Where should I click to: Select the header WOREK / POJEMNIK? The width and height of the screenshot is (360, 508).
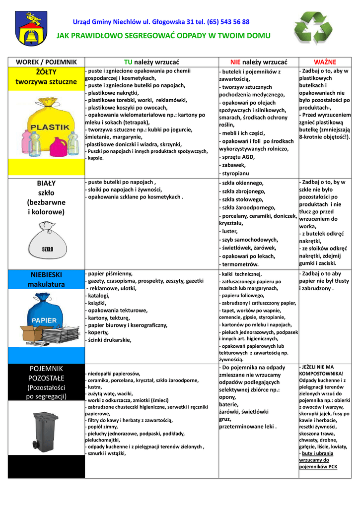pos(46,62)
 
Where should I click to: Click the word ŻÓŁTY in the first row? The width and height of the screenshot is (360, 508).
pos(46,72)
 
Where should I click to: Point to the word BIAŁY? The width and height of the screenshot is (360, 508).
pos(46,183)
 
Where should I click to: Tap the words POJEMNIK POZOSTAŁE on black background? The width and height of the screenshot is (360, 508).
pos(46,373)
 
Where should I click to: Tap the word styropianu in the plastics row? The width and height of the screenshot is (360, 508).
pos(235,174)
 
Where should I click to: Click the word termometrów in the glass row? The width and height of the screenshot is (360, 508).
pos(241,264)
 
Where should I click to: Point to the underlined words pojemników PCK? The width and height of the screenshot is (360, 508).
pos(318,466)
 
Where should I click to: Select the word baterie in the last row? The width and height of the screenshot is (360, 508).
pos(229,404)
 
